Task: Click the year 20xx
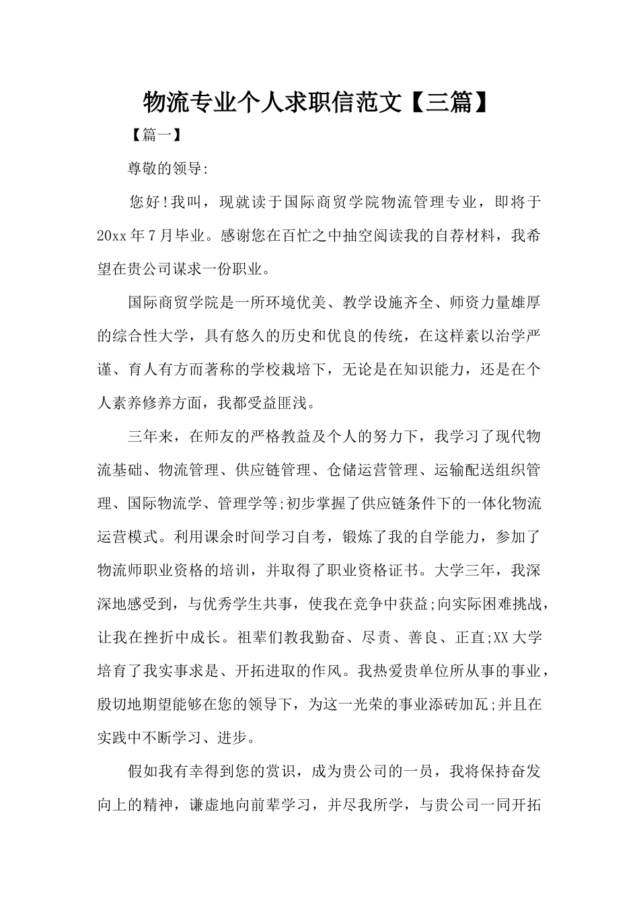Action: (112, 236)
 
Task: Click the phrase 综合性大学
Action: (142, 336)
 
